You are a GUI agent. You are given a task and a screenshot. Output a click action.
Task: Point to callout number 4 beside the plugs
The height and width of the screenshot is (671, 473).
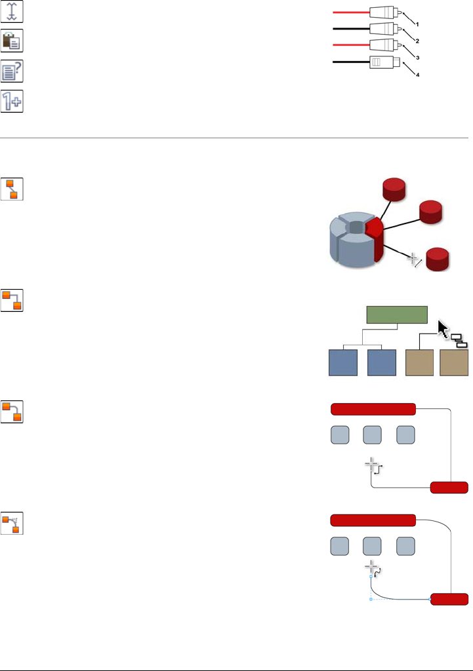(417, 75)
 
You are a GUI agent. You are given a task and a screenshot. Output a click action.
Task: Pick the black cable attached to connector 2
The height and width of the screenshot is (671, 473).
(351, 29)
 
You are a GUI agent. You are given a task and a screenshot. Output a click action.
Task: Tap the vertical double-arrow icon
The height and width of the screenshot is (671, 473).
(12, 12)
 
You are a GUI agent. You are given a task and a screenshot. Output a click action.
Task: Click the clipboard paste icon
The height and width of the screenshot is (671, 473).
(12, 41)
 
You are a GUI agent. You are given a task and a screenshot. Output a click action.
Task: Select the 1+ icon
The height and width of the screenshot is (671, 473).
(12, 101)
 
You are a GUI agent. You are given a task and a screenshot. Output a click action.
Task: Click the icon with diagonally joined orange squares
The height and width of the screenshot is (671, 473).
(12, 189)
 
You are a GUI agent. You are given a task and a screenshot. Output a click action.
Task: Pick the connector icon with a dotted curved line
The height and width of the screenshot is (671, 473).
(12, 522)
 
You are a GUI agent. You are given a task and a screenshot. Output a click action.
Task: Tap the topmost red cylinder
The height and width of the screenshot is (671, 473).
(394, 190)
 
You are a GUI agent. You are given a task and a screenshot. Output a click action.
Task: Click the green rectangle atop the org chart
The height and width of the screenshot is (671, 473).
(396, 315)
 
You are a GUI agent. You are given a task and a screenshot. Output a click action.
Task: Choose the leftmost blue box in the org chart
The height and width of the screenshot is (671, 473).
(342, 362)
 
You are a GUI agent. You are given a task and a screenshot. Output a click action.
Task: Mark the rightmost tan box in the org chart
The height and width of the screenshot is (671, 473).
(454, 362)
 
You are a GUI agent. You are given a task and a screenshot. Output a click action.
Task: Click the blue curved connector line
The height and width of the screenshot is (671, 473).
(394, 596)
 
